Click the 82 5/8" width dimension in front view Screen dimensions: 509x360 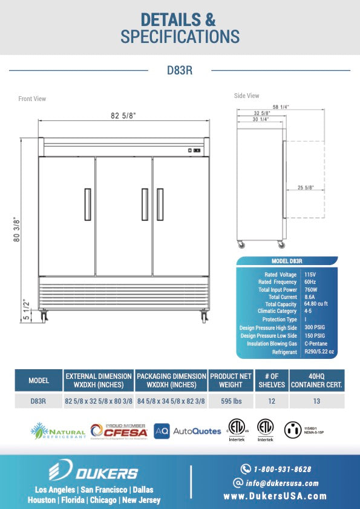(x=123, y=116)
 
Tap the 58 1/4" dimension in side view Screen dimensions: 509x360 (x=281, y=107)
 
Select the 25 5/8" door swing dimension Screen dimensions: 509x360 (x=306, y=188)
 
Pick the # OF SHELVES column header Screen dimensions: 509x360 (x=267, y=380)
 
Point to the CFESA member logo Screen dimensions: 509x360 (x=119, y=430)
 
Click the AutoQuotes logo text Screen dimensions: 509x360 (x=197, y=431)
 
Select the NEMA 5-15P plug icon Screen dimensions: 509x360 (x=293, y=430)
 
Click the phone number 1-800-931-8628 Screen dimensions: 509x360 (x=282, y=469)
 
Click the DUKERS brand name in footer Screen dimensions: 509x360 (x=95, y=473)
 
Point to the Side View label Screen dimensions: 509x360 (x=246, y=96)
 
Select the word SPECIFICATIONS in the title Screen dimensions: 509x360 (x=180, y=36)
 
